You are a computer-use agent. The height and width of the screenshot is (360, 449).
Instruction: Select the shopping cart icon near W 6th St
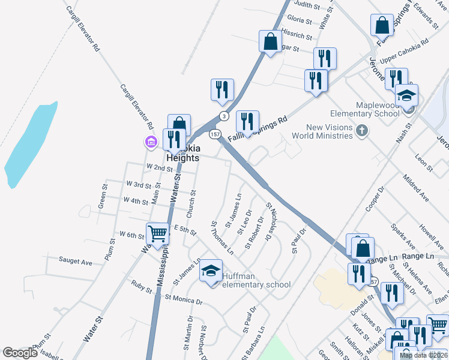click(x=157, y=233)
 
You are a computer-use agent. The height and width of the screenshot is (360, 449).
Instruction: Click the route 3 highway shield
click(x=223, y=116)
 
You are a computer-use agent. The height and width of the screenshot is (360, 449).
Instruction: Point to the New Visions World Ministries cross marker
click(x=361, y=130)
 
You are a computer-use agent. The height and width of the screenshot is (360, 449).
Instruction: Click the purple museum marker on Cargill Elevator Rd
click(x=151, y=142)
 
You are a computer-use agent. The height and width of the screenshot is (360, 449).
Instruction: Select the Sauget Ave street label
click(x=75, y=261)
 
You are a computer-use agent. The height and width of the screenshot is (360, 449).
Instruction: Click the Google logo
click(x=20, y=353)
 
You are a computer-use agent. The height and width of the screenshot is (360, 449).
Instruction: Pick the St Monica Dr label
click(x=184, y=299)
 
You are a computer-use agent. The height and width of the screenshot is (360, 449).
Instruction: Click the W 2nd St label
click(x=159, y=167)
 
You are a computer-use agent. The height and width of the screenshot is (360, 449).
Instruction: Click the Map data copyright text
click(x=423, y=355)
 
